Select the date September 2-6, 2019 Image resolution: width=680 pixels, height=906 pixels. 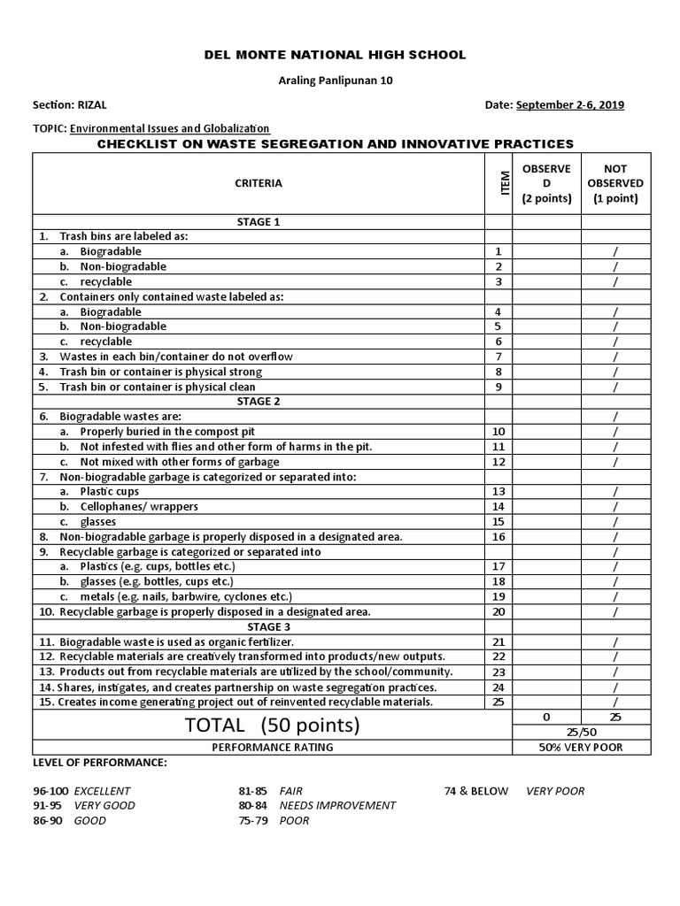[x=570, y=104]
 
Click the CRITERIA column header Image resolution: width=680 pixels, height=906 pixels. [x=259, y=183]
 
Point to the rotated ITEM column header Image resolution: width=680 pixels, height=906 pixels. [x=506, y=183]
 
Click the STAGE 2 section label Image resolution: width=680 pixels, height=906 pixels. [x=259, y=401]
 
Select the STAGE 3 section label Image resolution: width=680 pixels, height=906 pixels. [x=259, y=626]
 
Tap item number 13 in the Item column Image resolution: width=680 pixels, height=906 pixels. [x=498, y=491]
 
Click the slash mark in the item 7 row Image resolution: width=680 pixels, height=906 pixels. [x=615, y=357]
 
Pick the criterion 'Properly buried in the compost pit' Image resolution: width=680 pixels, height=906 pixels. [x=166, y=431]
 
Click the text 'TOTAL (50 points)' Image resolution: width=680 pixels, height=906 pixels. [x=273, y=726]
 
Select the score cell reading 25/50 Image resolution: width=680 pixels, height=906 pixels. [x=581, y=733]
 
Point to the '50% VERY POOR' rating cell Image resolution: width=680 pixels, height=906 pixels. [x=581, y=748]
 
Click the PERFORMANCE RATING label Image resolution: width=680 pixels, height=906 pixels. [x=273, y=748]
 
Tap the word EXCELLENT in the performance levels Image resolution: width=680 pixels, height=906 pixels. [x=102, y=791]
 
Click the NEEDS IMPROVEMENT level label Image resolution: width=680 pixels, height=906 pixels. [x=337, y=805]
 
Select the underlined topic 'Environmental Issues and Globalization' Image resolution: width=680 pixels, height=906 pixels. [x=170, y=128]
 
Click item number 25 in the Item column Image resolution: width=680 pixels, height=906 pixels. [x=498, y=702]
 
